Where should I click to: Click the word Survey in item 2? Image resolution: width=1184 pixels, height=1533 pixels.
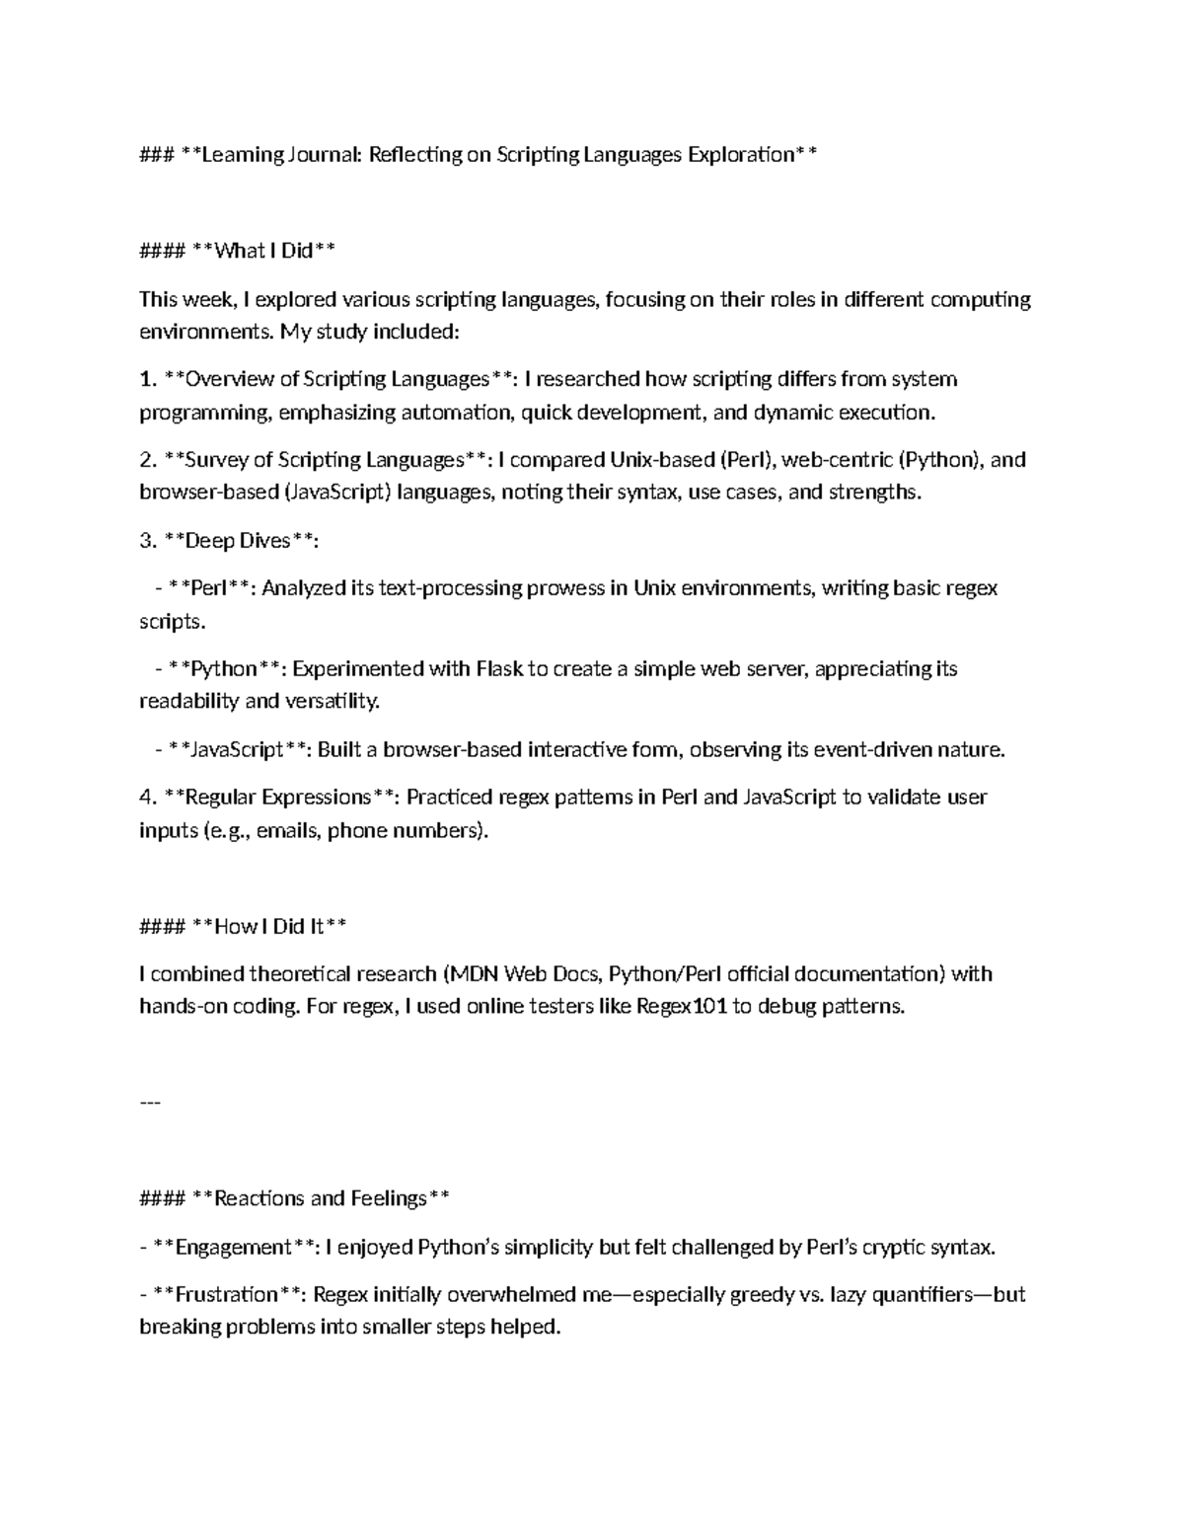(x=216, y=460)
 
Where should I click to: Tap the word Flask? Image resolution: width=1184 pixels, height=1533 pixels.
(x=499, y=669)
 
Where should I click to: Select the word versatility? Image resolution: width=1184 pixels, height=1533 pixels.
(x=331, y=702)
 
